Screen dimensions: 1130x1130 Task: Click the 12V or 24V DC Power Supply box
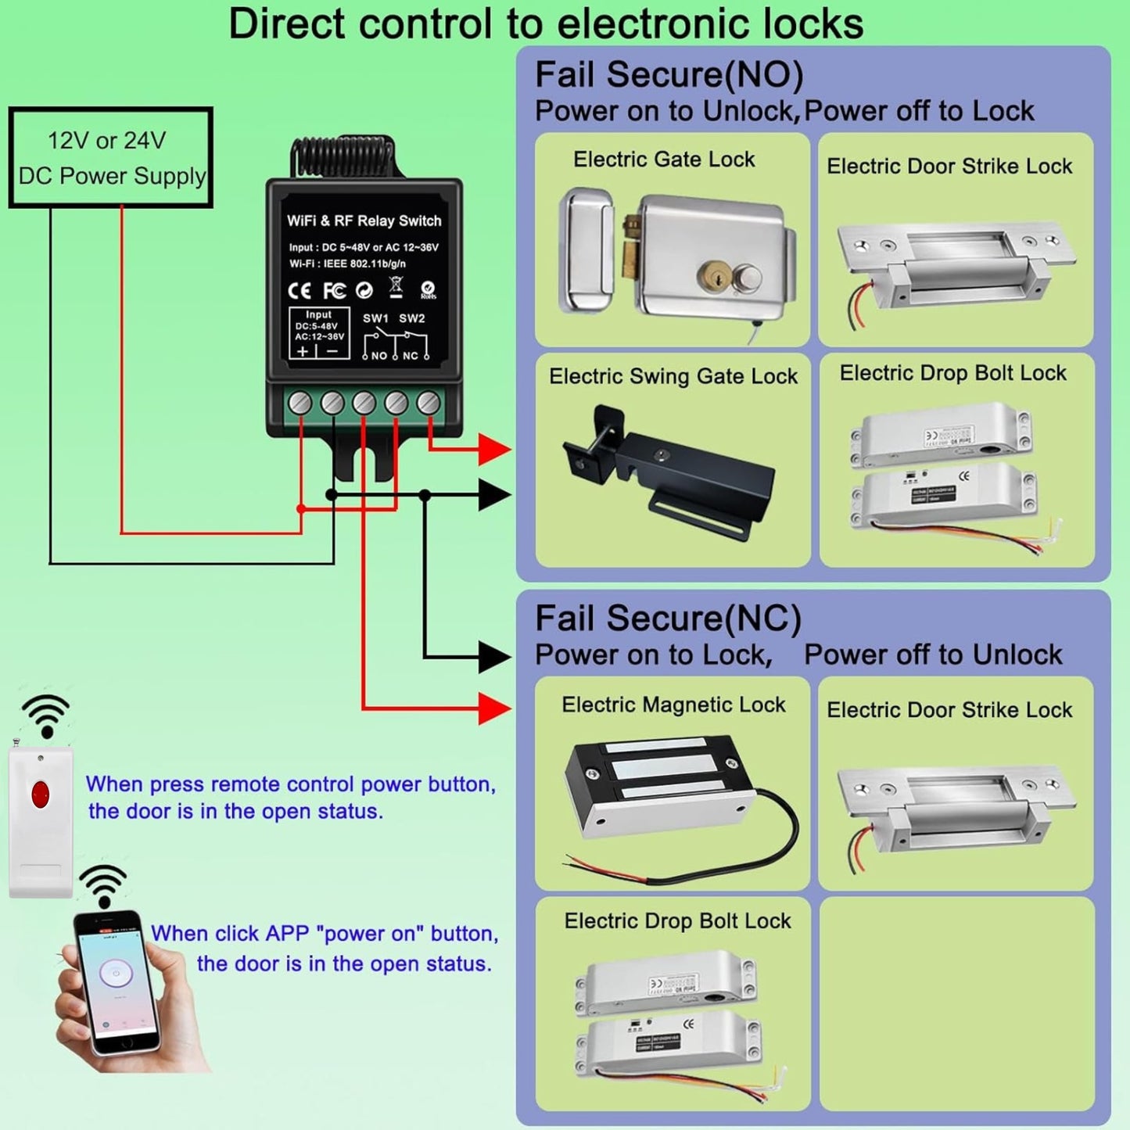pyautogui.click(x=110, y=158)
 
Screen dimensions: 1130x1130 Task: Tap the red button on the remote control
pyautogui.click(x=40, y=794)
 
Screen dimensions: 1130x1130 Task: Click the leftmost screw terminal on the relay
pyautogui.click(x=300, y=403)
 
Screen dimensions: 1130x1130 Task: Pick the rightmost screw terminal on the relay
pyautogui.click(x=429, y=403)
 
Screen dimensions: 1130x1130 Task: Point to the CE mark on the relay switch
pyautogui.click(x=300, y=291)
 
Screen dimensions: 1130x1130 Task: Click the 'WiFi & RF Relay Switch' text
pyautogui.click(x=364, y=221)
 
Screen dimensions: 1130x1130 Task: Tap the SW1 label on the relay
pyautogui.click(x=375, y=318)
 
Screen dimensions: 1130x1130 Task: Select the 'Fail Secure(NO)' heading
pyautogui.click(x=669, y=75)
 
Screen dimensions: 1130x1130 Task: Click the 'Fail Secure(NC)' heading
pyautogui.click(x=668, y=619)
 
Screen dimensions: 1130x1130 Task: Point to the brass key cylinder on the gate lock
pyautogui.click(x=715, y=276)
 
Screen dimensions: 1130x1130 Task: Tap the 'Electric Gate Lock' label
pyautogui.click(x=664, y=160)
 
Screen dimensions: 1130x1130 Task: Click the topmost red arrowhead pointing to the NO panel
pyautogui.click(x=494, y=450)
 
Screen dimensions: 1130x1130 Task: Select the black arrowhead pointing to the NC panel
pyautogui.click(x=494, y=656)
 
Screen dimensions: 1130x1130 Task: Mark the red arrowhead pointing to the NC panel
pyautogui.click(x=494, y=708)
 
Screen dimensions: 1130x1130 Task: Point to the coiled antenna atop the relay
pyautogui.click(x=350, y=158)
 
